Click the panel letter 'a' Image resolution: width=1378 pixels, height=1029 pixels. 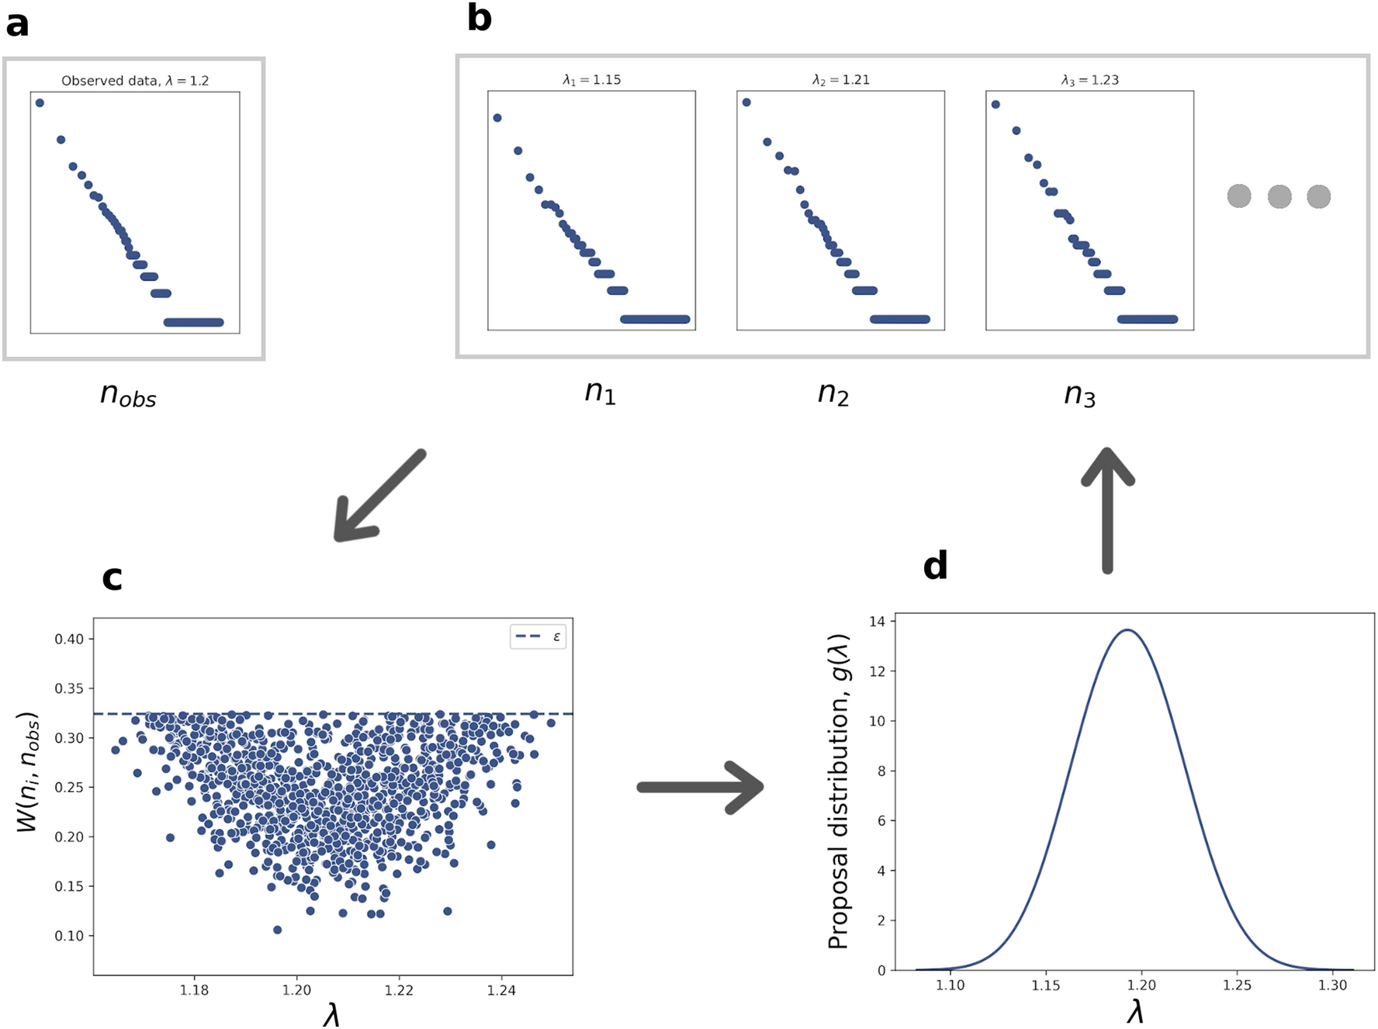pos(17,24)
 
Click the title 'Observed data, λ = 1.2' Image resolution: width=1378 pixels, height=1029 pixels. pos(135,81)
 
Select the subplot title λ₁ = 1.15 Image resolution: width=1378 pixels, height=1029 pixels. pos(591,80)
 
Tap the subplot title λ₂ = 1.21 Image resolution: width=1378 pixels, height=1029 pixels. pos(840,80)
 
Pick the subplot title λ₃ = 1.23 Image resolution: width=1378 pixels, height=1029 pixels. pos(1089,80)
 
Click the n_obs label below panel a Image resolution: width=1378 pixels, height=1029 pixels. pos(128,395)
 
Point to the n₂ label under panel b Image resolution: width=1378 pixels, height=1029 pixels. pos(833,393)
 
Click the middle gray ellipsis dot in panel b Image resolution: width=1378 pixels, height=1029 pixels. pos(1279,196)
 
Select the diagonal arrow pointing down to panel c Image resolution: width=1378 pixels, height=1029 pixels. pos(379,496)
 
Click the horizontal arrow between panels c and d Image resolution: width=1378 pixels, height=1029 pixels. pos(700,787)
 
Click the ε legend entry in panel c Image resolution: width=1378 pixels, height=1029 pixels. pos(538,636)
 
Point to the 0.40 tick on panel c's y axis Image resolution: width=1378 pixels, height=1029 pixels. pos(69,639)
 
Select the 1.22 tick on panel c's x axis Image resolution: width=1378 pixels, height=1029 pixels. pos(399,990)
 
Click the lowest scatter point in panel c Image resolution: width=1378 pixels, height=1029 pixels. pos(277,930)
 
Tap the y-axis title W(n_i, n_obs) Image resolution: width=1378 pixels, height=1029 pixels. pos(28,771)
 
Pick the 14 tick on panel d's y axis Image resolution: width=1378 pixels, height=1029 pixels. pos(877,622)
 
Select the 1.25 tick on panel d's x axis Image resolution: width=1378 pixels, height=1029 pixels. pos(1237,986)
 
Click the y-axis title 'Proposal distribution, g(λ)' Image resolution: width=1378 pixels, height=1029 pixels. pos(839,792)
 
